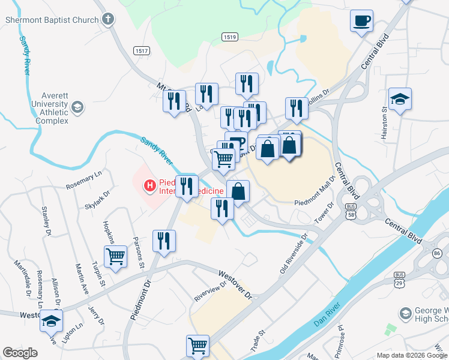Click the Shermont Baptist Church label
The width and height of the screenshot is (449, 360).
(51, 20)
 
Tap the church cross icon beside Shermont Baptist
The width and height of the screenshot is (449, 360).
(108, 20)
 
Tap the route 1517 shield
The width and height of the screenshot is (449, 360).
(142, 51)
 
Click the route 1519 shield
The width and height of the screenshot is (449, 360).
(229, 37)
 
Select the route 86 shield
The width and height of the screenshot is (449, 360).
(437, 254)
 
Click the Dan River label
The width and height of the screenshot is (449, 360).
(327, 314)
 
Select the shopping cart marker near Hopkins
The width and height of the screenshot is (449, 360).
(115, 256)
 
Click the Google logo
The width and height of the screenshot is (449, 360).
(20, 353)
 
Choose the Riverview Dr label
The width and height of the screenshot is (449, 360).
(209, 291)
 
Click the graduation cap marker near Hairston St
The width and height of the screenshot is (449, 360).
(400, 99)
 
